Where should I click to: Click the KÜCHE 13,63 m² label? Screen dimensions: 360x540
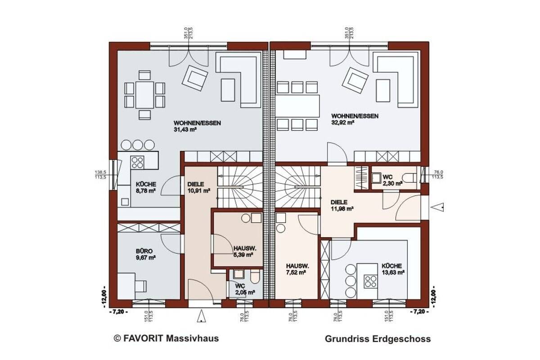tap(393, 269)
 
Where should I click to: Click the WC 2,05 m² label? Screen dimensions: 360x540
tap(244, 289)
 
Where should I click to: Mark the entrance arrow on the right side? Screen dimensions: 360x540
tap(438, 207)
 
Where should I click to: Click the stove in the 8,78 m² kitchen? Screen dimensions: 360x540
tap(137, 162)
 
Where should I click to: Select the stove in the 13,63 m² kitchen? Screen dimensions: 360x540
tap(371, 281)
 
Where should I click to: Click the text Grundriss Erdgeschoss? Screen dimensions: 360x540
tap(378, 339)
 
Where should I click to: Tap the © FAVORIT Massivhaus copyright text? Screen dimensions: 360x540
tap(166, 337)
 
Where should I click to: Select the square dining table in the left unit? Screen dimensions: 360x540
tap(144, 94)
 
